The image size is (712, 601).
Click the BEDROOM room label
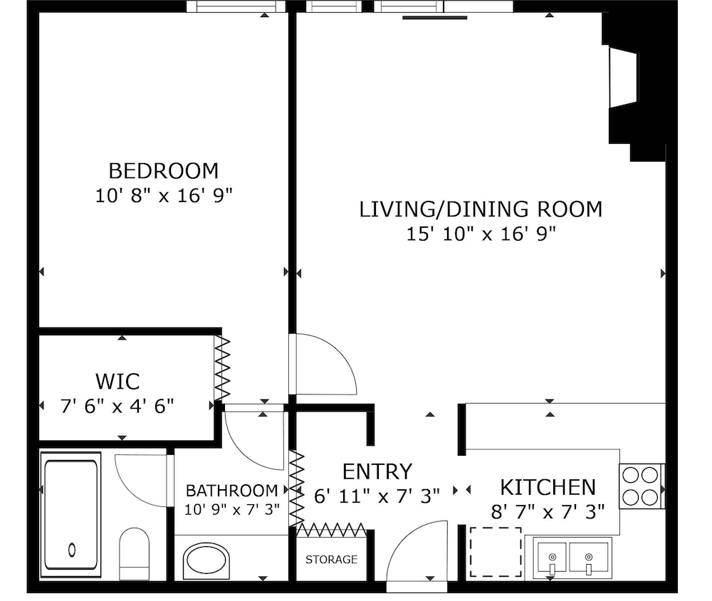click(164, 171)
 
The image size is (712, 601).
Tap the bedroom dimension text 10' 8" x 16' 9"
click(164, 196)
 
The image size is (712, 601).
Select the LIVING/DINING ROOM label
click(481, 209)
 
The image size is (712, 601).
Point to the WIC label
click(117, 382)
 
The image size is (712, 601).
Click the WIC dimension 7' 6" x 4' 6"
click(117, 406)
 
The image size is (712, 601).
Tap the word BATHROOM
click(231, 491)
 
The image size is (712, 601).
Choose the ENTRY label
click(377, 471)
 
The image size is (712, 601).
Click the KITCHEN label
click(548, 488)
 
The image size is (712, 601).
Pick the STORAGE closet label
click(331, 559)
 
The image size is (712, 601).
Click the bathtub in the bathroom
click(71, 514)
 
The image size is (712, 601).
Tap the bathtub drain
click(72, 550)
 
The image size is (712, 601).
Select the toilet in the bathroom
click(134, 554)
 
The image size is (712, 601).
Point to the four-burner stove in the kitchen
click(640, 486)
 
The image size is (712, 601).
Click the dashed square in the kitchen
click(496, 552)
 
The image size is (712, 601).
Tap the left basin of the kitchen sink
click(552, 557)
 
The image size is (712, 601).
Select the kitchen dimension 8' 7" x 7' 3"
click(548, 512)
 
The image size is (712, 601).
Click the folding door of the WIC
click(222, 369)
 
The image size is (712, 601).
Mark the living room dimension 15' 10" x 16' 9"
click(481, 234)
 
